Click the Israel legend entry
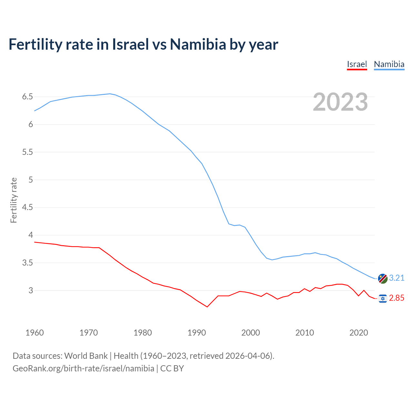357,64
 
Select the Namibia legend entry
389,64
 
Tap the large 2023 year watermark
340,102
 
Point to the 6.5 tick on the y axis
27,97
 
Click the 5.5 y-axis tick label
27,152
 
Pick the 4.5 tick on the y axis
27,207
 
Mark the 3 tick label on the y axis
31,290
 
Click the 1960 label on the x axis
35,333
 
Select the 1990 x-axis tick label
196,333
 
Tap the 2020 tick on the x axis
358,333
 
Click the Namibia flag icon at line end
383,278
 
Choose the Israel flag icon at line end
383,298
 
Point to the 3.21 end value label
397,278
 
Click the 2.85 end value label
397,298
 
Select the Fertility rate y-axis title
14,200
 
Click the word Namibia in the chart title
198,44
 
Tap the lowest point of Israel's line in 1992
207,307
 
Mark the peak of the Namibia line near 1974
110,94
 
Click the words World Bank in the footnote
86,356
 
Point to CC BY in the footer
172,368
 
